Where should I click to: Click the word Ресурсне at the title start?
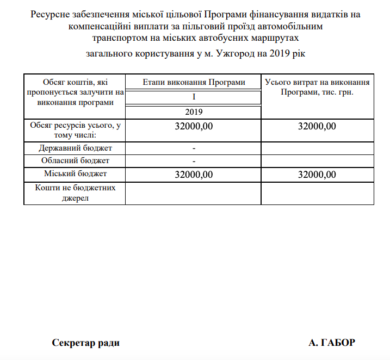[x=49, y=14]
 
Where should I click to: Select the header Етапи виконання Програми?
[x=194, y=82]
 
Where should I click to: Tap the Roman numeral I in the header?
[x=194, y=97]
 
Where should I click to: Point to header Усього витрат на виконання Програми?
[x=318, y=87]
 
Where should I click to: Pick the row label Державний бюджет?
[x=75, y=147]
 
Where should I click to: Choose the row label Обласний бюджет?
[x=75, y=160]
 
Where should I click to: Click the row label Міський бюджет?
[x=75, y=173]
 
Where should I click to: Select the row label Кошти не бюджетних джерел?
[x=75, y=193]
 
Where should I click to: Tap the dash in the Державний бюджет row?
[x=194, y=148]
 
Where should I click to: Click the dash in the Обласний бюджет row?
[x=194, y=161]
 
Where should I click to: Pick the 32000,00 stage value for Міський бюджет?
[x=194, y=175]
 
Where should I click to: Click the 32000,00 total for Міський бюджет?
[x=318, y=175]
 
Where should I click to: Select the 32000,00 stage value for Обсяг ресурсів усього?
[x=194, y=127]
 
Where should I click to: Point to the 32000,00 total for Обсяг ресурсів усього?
[x=318, y=127]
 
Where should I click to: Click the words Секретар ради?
[x=86, y=343]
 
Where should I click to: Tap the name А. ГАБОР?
[x=331, y=343]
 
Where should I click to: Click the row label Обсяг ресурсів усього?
[x=75, y=130]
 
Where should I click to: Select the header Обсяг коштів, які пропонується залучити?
[x=75, y=92]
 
